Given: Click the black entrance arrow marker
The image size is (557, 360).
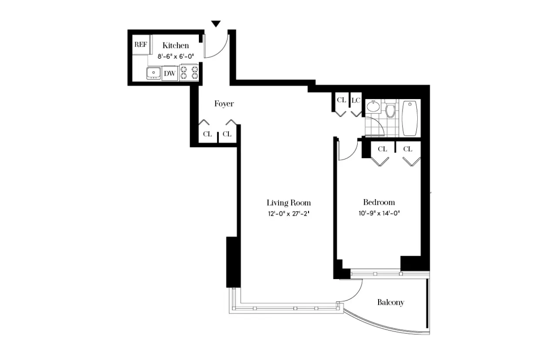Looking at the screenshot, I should click(x=216, y=24).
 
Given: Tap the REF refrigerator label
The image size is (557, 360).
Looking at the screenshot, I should click(x=141, y=44).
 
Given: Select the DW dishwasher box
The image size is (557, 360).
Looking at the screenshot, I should click(x=170, y=73).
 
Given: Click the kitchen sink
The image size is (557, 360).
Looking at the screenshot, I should click(x=153, y=73).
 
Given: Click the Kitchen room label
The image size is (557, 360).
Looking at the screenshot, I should click(x=175, y=45).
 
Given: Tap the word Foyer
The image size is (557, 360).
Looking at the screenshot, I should click(x=224, y=103).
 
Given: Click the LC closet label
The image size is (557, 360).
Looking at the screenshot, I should click(x=356, y=100).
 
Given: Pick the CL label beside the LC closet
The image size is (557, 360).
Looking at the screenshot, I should click(x=341, y=100).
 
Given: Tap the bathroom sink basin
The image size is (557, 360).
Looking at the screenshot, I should click(x=373, y=106).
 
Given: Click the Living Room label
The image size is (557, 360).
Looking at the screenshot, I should click(x=289, y=203).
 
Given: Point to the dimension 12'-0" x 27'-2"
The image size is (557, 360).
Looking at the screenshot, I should click(x=289, y=213).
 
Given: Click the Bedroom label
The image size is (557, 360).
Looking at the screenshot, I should click(x=379, y=202).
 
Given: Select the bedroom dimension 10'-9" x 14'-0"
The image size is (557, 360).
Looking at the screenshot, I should click(x=379, y=213).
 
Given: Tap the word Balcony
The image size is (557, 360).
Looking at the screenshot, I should click(x=390, y=303).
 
